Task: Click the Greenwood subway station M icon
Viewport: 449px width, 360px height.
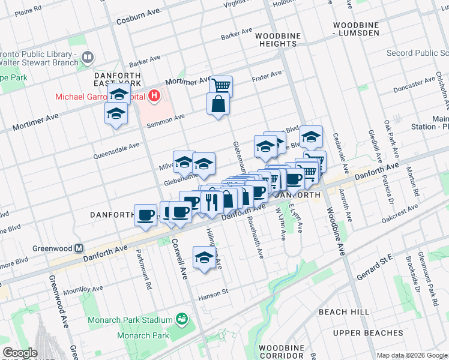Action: (79, 248)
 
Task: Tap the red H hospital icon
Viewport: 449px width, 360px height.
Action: (154, 95)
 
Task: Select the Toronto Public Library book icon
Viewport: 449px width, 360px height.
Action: (88, 58)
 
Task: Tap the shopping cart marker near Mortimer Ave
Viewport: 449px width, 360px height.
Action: (221, 85)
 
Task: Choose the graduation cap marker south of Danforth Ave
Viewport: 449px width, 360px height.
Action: (204, 257)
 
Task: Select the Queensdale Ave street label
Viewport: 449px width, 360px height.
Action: (116, 150)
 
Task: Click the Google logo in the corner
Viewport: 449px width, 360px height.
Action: (20, 353)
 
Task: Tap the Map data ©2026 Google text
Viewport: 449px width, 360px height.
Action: (412, 355)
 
